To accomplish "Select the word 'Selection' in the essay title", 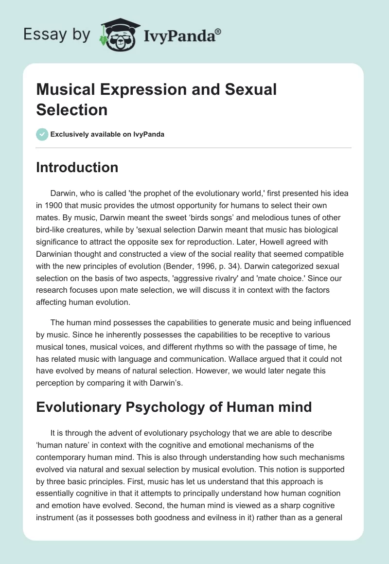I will (71, 109).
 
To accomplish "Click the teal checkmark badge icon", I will (42, 134).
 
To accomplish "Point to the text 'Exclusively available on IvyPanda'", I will (107, 134).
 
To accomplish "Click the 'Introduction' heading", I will (77, 167).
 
